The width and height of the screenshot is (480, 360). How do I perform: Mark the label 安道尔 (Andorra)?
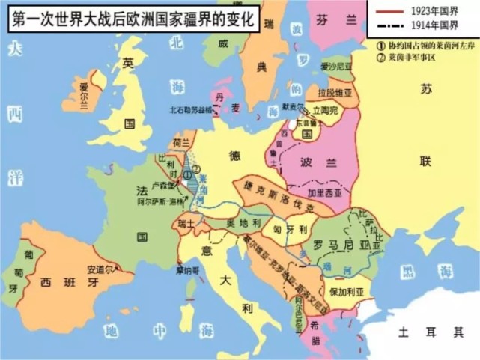[100, 269]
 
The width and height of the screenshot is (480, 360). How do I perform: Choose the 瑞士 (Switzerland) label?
[185, 223]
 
